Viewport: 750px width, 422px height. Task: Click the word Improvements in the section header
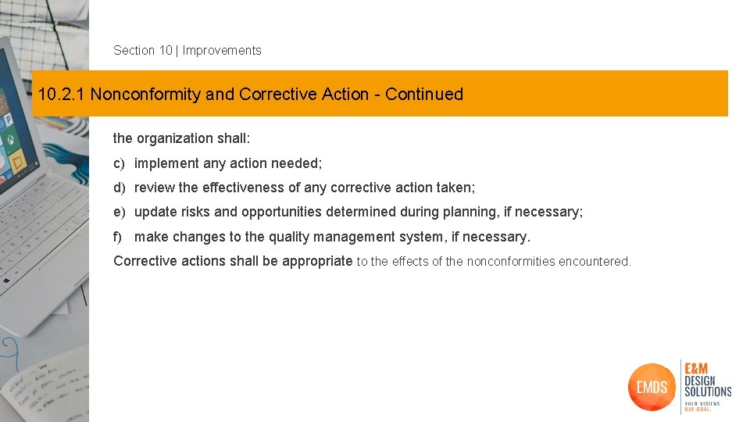click(222, 51)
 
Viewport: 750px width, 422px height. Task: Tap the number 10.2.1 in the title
click(62, 95)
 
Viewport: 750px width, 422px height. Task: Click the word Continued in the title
click(424, 95)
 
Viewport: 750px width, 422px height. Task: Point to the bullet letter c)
click(120, 163)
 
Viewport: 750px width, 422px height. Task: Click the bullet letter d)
click(120, 188)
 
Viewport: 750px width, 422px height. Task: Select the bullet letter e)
click(120, 212)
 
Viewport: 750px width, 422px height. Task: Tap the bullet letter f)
click(118, 237)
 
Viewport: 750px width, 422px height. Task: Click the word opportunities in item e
click(286, 212)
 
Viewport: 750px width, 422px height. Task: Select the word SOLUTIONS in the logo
click(708, 392)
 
